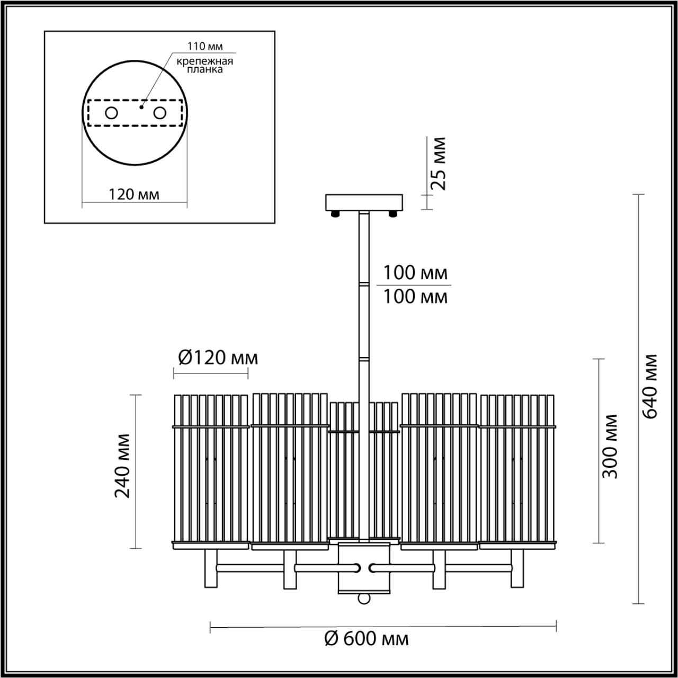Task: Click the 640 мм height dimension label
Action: [x=650, y=385]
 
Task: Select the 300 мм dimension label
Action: [x=611, y=446]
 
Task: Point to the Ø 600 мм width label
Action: [x=366, y=639]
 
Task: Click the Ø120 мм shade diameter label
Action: [x=218, y=358]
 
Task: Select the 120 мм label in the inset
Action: [x=134, y=194]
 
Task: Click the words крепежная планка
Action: [x=205, y=65]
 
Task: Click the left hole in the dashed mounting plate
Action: [x=111, y=113]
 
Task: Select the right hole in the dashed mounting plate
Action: [x=159, y=113]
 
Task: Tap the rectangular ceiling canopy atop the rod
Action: [x=364, y=202]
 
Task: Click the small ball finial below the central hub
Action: [x=364, y=598]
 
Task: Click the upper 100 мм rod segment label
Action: [x=415, y=273]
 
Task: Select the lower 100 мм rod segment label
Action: [x=415, y=297]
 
